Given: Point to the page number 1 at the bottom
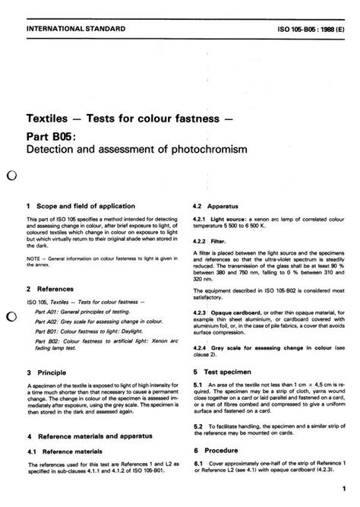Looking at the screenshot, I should pos(343,490).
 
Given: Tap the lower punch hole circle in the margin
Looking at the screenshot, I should pos(11,316).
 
